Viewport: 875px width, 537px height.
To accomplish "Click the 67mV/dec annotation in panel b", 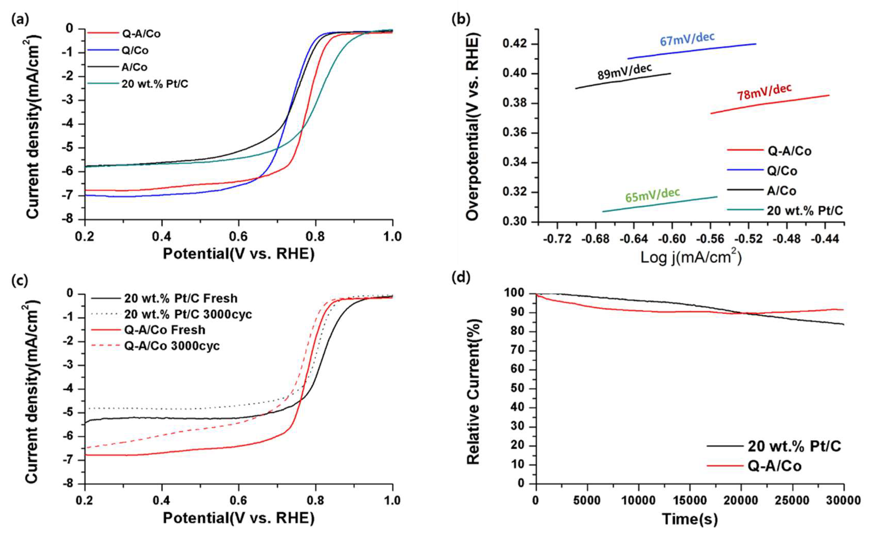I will point(687,39).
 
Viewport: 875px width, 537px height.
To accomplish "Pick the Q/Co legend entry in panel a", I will point(135,50).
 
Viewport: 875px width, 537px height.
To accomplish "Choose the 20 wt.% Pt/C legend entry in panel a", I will point(154,84).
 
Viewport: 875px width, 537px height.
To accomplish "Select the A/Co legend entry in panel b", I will point(781,191).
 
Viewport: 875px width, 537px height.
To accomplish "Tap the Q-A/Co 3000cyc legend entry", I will point(172,346).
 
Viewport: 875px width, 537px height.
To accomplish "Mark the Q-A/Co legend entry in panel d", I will point(774,466).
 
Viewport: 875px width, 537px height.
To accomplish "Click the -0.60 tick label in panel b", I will point(672,239).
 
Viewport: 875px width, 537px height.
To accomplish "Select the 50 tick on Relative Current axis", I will point(518,389).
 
